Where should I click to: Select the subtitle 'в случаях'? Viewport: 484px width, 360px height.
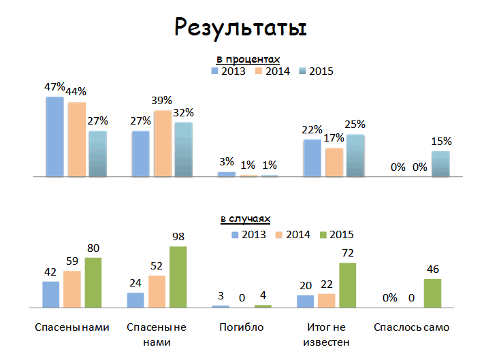[x=244, y=219]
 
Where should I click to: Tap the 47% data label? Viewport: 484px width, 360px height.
[x=54, y=87]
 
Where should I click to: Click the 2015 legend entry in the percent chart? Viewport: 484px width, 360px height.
[x=316, y=71]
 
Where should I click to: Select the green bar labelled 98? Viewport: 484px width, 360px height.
[x=178, y=277]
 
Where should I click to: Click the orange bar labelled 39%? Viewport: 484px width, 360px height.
[x=163, y=144]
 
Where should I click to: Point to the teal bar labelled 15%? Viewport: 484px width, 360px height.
[x=440, y=164]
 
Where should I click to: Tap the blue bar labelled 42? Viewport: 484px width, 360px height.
[x=51, y=295]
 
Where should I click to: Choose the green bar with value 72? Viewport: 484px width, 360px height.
[x=348, y=285]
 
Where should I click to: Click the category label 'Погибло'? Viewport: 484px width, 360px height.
[x=241, y=327]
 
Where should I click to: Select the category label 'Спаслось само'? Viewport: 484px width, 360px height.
[x=411, y=327]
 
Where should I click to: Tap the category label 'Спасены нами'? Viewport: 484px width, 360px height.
[x=71, y=327]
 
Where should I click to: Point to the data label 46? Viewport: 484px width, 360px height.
[x=433, y=269]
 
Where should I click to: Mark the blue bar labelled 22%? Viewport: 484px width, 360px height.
[x=312, y=158]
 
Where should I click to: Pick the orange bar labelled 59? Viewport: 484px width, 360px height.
[x=72, y=289]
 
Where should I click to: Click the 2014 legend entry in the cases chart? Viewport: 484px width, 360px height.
[x=293, y=235]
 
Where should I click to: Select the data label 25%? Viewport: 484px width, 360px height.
[x=355, y=125]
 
